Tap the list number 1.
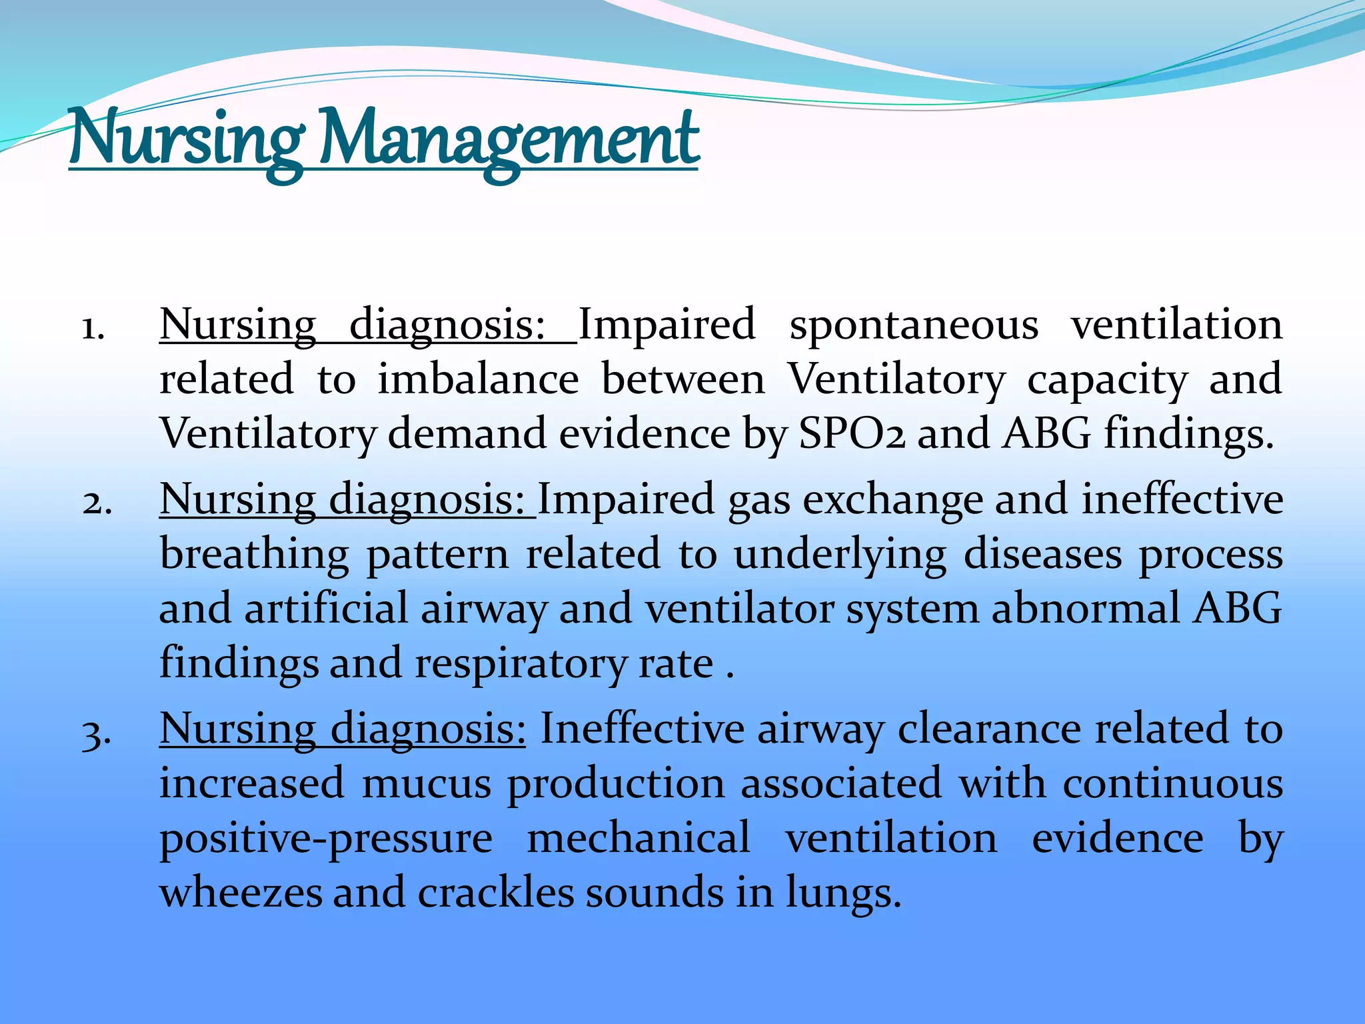pyautogui.click(x=93, y=329)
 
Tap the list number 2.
pyautogui.click(x=97, y=503)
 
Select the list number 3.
pyautogui.click(x=97, y=733)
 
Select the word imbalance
pyautogui.click(x=478, y=379)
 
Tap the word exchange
pyautogui.click(x=892, y=500)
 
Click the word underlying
pyautogui.click(x=840, y=555)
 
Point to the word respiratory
pyautogui.click(x=521, y=665)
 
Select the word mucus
pyautogui.click(x=427, y=783)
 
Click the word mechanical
pyautogui.click(x=639, y=838)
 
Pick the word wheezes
pyautogui.click(x=241, y=893)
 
